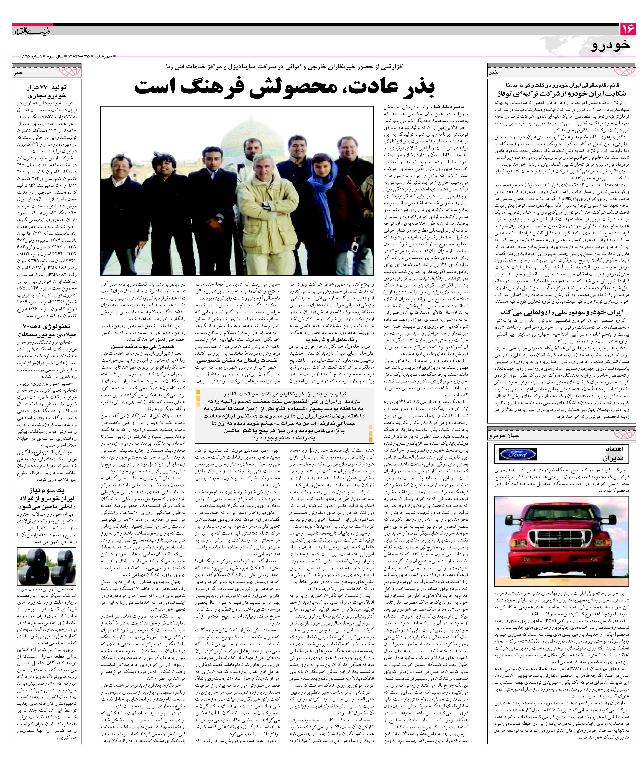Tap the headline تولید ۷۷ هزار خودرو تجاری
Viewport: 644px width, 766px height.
(x=47, y=91)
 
